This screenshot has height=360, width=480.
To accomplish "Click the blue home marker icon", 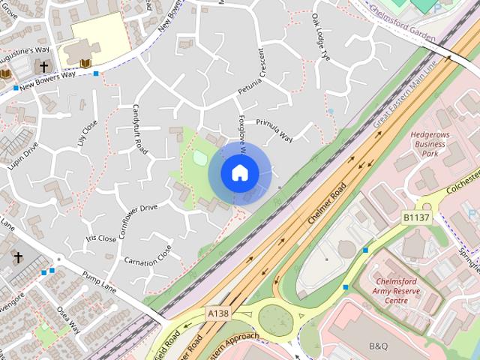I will (x=238, y=172).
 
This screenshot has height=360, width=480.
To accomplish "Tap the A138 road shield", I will (x=218, y=313).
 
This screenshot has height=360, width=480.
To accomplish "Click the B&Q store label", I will (x=379, y=346).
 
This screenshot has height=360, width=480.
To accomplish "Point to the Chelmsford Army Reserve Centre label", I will (x=400, y=291).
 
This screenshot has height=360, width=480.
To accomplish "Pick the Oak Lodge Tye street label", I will (x=320, y=36).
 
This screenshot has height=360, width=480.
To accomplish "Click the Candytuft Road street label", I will (x=139, y=129).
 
